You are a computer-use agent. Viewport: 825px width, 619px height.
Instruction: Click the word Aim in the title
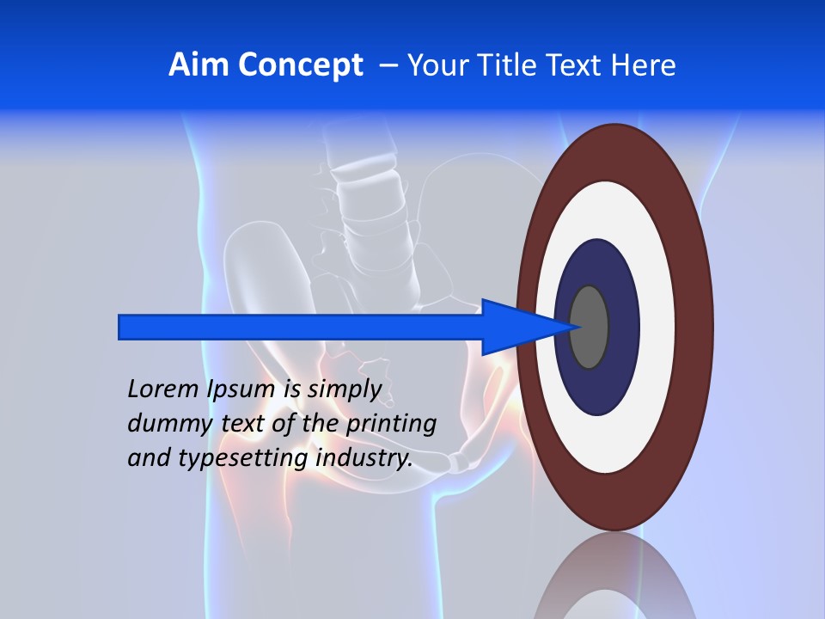click(198, 65)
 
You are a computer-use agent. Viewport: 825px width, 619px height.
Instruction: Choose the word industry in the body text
click(364, 458)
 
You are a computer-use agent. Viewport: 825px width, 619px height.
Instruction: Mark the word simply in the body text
click(344, 389)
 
